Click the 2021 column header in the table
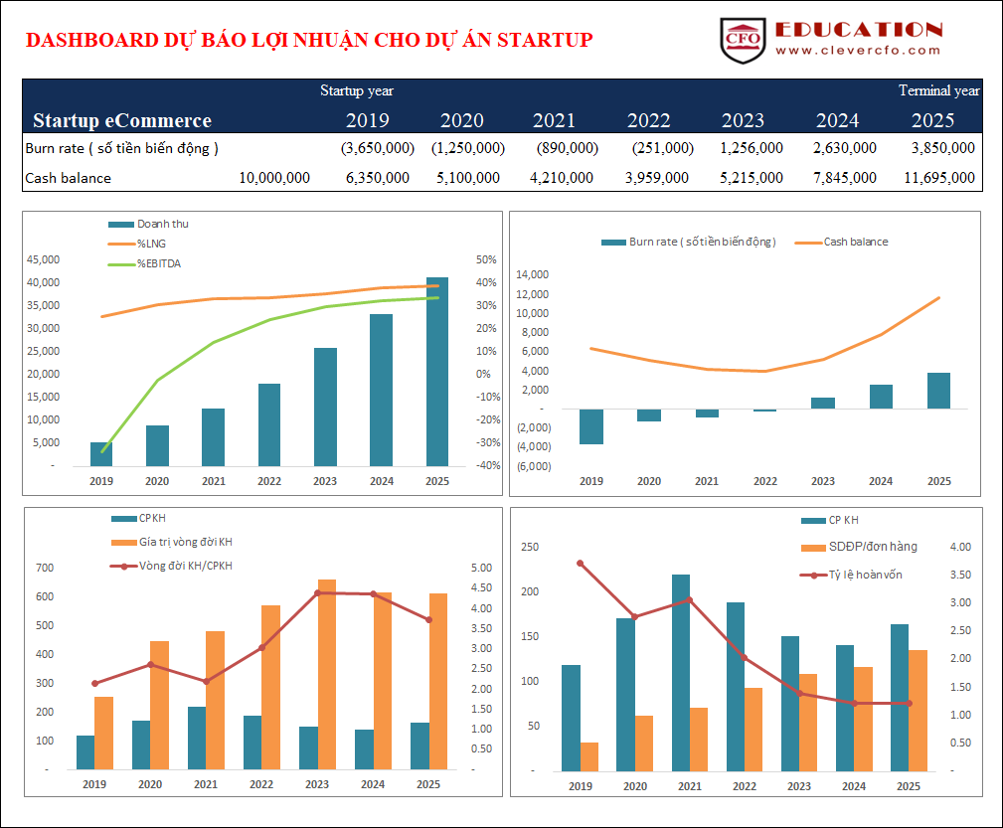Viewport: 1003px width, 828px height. pyautogui.click(x=554, y=120)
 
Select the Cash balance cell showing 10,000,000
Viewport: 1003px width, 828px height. pyautogui.click(x=274, y=178)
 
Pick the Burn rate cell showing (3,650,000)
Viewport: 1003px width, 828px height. pyautogui.click(x=377, y=148)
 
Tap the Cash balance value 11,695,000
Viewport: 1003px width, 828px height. pyautogui.click(x=939, y=178)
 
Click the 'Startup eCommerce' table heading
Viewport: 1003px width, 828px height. pyautogui.click(x=122, y=120)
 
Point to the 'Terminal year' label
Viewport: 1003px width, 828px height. pyautogui.click(x=938, y=90)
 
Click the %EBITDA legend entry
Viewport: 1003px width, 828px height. pyautogui.click(x=159, y=263)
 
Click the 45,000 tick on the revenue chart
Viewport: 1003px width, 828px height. pyautogui.click(x=44, y=259)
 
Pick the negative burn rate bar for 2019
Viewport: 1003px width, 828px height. pyautogui.click(x=591, y=426)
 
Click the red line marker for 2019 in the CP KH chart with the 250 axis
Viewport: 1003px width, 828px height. pyautogui.click(x=581, y=564)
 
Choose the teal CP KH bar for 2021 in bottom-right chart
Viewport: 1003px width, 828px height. pyautogui.click(x=681, y=672)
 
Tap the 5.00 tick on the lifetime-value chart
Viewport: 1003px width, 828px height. pyautogui.click(x=481, y=568)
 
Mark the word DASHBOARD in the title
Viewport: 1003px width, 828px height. pyautogui.click(x=83, y=40)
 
